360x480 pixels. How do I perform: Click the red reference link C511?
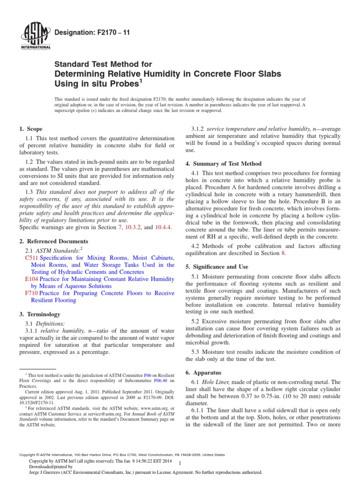(x=31, y=258)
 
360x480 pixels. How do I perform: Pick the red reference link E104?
(x=31, y=278)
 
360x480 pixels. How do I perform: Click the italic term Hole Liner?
(x=218, y=382)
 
